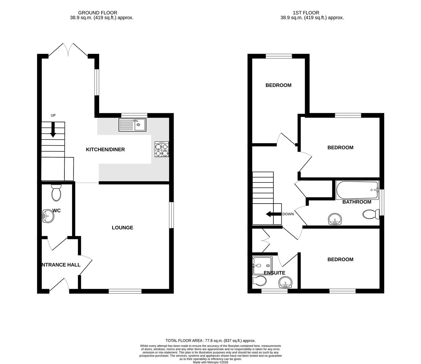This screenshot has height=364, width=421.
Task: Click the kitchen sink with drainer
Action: click(x=132, y=125)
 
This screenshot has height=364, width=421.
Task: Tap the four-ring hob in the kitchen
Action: click(x=162, y=149)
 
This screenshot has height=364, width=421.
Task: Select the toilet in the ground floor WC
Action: click(x=56, y=192)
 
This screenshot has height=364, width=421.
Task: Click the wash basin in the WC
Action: click(x=48, y=216)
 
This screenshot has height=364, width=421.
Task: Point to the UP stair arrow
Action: click(x=53, y=129)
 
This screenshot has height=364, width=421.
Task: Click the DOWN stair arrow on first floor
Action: click(x=274, y=214)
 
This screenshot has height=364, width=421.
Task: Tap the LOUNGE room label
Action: click(x=122, y=227)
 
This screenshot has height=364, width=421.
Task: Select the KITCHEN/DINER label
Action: click(x=105, y=150)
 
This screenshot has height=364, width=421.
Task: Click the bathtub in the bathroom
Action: click(x=357, y=190)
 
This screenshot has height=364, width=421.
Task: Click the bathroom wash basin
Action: click(x=335, y=219)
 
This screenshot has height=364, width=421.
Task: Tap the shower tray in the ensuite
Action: click(x=262, y=266)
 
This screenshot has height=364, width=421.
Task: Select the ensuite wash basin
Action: click(x=285, y=282)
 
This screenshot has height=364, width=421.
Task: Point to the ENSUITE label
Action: click(x=274, y=273)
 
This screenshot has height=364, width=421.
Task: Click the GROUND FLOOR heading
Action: click(x=97, y=13)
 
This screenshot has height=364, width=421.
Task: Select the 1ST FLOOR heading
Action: click(x=306, y=13)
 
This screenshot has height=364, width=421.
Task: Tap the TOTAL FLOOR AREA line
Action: click(x=210, y=340)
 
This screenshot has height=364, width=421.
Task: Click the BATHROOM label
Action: click(x=357, y=202)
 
